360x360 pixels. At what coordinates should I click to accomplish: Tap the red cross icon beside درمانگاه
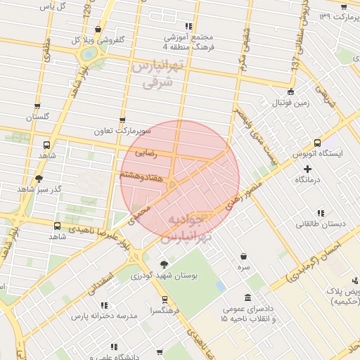click(x=307, y=169)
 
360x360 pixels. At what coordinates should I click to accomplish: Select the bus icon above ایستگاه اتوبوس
click(x=318, y=141)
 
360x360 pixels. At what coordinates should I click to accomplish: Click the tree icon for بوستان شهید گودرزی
click(x=164, y=264)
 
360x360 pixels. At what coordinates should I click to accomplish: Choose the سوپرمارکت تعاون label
click(x=123, y=131)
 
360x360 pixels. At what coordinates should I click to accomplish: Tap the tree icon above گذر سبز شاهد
click(x=38, y=179)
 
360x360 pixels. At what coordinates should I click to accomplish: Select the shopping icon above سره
click(x=243, y=257)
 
